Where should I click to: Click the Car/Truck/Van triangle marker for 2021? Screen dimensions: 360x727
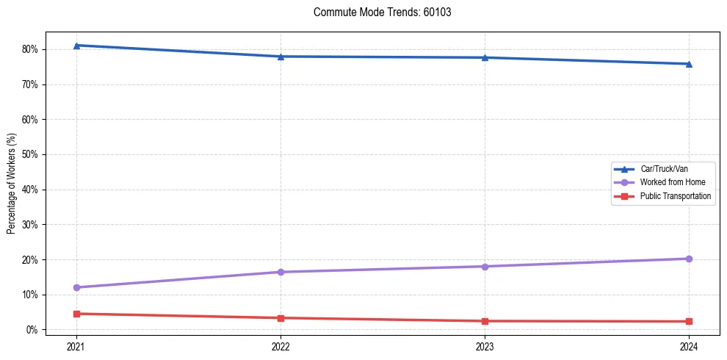[x=76, y=46]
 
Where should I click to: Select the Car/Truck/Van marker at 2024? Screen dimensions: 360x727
[x=689, y=64]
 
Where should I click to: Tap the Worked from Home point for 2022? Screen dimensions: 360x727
[x=281, y=272]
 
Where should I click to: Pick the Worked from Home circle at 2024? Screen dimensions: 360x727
[x=689, y=259]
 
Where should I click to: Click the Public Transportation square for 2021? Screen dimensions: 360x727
[x=76, y=314]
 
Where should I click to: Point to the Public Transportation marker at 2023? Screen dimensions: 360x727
[x=485, y=321]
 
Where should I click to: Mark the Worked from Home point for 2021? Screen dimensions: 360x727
[x=76, y=287]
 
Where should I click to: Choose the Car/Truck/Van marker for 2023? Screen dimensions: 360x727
[x=485, y=57]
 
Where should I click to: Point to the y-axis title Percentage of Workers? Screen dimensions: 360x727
[x=11, y=184]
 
